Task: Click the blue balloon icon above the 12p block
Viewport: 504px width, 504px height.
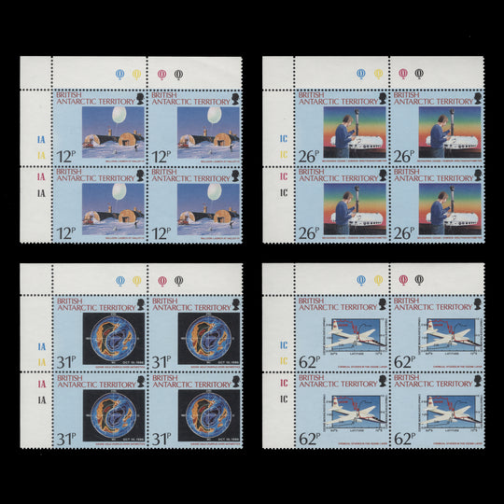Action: (118, 73)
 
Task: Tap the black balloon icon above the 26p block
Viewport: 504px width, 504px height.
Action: (417, 73)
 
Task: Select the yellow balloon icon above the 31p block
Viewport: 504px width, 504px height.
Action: (136, 280)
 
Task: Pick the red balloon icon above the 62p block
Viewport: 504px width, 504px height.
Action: (402, 280)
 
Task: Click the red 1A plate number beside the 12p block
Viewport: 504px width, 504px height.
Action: (39, 176)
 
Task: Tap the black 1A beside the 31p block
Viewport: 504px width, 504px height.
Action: (39, 399)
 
